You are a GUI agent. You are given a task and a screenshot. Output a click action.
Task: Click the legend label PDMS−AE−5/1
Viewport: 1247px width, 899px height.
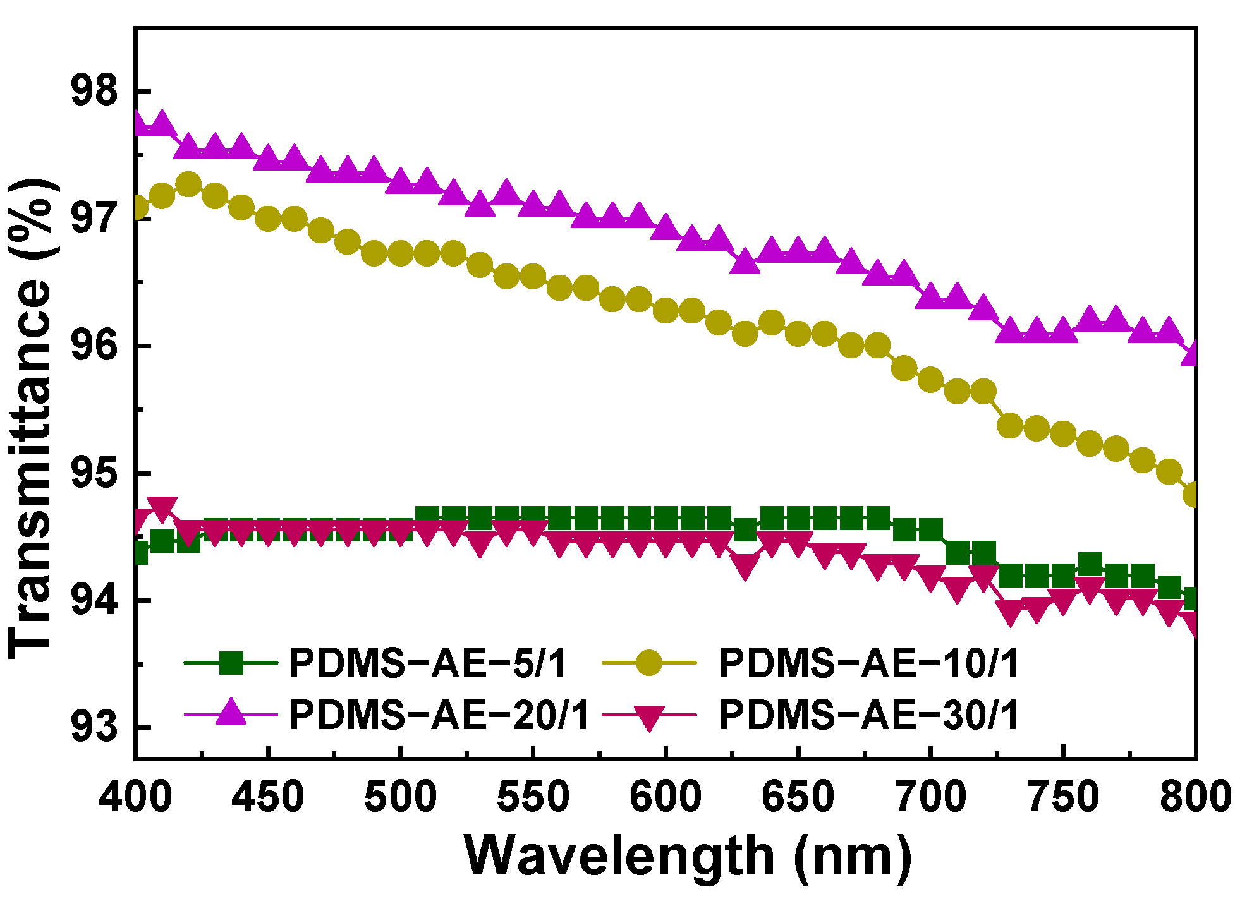(428, 663)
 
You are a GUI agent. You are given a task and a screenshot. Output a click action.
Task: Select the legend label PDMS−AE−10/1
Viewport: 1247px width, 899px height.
(869, 663)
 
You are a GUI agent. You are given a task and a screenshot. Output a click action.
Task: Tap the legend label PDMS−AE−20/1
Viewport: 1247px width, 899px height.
(439, 715)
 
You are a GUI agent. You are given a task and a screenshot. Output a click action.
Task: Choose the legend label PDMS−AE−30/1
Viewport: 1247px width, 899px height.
(869, 715)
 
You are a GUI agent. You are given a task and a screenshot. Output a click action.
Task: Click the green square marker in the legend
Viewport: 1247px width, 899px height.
(231, 663)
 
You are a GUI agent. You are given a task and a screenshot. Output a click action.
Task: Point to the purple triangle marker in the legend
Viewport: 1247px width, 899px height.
(231, 714)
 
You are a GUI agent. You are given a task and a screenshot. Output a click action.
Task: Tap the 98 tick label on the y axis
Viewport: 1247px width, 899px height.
(94, 92)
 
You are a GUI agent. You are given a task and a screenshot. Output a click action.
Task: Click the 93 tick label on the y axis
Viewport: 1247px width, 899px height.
(94, 727)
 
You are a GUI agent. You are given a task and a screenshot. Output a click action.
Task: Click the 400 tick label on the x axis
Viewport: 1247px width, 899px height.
(135, 797)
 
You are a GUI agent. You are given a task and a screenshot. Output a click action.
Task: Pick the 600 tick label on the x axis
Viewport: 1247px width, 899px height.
(666, 797)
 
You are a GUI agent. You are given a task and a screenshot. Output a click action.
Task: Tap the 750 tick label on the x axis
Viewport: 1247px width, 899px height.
(1064, 797)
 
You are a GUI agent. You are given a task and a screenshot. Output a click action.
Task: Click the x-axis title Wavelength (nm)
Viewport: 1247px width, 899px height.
(688, 857)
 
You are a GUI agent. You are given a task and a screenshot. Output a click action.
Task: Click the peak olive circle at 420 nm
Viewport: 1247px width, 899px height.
(188, 184)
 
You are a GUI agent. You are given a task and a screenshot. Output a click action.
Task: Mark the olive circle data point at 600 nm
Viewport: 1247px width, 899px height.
(666, 310)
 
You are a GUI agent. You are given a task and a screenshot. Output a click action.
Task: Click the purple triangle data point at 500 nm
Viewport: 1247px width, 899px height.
(400, 182)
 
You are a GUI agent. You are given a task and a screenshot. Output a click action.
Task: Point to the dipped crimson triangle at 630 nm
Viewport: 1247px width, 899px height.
(745, 566)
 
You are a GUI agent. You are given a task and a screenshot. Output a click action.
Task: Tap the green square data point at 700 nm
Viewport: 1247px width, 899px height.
(931, 529)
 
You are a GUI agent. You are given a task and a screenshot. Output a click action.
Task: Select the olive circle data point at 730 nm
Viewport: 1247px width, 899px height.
(1011, 426)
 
